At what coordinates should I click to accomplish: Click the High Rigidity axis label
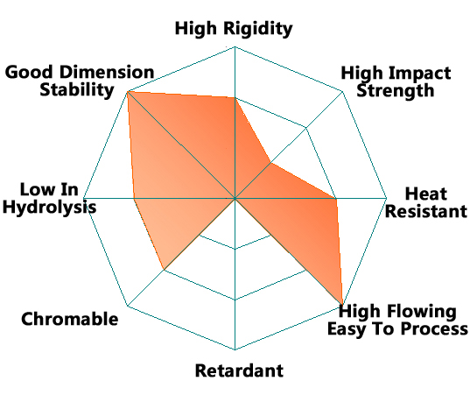tap(234, 29)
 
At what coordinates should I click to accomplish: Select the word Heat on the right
tap(426, 194)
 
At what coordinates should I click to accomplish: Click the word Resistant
tap(426, 211)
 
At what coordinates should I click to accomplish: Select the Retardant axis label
tap(239, 370)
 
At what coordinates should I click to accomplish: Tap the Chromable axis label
tap(69, 319)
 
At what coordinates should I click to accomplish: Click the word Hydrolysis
tap(50, 208)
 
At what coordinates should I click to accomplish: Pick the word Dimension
tap(107, 73)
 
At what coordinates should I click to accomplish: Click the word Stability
tap(77, 90)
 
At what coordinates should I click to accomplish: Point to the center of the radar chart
tap(235, 198)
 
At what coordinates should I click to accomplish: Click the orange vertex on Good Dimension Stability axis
tap(128, 91)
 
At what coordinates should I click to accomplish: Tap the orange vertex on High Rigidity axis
tap(235, 97)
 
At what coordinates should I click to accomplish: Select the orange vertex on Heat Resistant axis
tap(336, 198)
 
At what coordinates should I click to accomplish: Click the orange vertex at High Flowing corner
tap(342, 306)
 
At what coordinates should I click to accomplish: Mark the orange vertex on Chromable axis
tap(164, 270)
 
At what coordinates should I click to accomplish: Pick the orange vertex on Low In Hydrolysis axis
tap(134, 198)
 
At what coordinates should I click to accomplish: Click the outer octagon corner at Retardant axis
tap(235, 349)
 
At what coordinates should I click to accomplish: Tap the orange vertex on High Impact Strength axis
tap(270, 163)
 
